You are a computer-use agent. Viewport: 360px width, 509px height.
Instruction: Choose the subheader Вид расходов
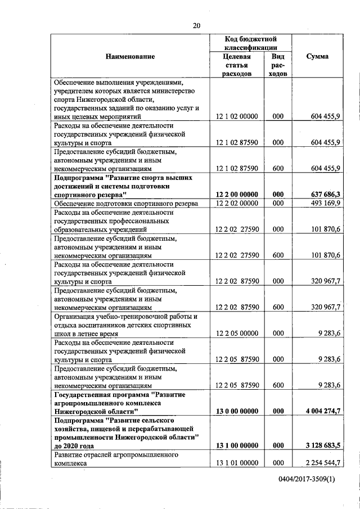tap(277, 65)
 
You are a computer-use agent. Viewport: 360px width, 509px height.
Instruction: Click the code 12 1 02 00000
tap(236, 116)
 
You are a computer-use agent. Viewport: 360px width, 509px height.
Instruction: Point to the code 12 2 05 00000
tap(236, 333)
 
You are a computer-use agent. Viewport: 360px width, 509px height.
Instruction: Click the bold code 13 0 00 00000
tap(236, 411)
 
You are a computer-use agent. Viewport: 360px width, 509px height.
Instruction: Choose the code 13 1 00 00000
tap(236, 445)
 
